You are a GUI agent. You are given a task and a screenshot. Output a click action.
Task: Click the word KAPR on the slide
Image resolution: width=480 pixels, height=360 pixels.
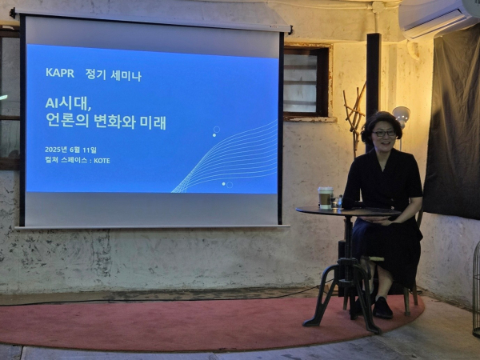tap(60, 73)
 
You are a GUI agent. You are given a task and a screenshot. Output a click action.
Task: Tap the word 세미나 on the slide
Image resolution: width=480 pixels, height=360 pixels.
tap(126, 75)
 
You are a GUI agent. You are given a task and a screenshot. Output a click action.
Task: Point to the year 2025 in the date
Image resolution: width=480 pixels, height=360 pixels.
tap(53, 150)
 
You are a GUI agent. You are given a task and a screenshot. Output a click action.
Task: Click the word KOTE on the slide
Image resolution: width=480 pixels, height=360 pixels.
tap(102, 161)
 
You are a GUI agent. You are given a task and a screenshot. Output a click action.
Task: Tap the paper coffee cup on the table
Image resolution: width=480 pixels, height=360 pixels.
tap(325, 198)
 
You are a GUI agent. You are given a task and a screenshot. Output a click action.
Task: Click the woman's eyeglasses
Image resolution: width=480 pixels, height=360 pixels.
tap(383, 134)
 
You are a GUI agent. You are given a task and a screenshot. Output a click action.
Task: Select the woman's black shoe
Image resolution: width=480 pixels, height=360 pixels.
tap(382, 308)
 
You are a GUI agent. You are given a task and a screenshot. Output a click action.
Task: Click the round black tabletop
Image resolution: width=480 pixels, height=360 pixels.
tap(348, 211)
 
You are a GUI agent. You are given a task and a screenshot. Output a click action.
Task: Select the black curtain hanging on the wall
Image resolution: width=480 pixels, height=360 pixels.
tap(453, 126)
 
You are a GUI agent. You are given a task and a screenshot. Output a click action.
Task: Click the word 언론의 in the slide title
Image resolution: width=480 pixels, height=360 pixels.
tap(67, 121)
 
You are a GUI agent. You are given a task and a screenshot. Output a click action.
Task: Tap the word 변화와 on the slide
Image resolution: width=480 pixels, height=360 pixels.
tap(114, 122)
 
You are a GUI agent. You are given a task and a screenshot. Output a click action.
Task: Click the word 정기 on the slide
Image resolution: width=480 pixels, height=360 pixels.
tap(95, 74)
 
